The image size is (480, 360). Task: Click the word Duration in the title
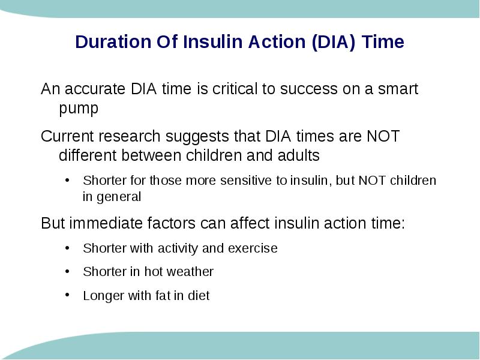tap(113, 41)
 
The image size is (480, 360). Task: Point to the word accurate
tap(95, 89)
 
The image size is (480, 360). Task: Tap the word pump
tap(79, 109)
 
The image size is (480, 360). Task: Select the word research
tap(130, 136)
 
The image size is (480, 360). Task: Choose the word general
tap(119, 197)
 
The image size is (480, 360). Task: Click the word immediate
tap(106, 223)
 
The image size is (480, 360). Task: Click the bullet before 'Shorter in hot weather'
tap(67, 271)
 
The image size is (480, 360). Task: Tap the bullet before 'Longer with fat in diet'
tap(67, 295)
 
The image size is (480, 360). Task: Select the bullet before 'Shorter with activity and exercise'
tap(67, 248)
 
